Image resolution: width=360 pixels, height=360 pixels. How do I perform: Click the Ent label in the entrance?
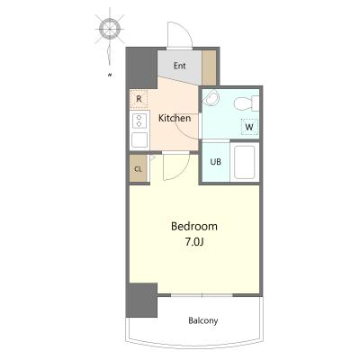180,66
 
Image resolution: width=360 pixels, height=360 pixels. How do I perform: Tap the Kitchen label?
175,118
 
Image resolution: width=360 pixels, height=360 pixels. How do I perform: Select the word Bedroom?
194,226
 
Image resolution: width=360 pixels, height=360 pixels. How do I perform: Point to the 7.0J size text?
194,242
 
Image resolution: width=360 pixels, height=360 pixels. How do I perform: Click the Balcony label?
203,320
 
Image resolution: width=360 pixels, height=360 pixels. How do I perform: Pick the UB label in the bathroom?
215,162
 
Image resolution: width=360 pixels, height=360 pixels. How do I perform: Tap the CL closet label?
138,169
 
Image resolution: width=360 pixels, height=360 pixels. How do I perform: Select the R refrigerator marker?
139,99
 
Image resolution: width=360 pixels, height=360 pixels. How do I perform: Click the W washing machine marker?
249,127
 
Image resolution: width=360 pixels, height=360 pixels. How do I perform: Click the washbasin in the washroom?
212,98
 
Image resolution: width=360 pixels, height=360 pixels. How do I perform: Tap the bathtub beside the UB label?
245,162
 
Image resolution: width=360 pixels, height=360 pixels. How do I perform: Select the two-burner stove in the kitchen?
139,121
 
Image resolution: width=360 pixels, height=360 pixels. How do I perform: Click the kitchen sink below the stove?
139,140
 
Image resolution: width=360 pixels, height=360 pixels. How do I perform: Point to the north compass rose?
110,30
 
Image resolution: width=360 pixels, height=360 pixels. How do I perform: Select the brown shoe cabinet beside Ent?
209,67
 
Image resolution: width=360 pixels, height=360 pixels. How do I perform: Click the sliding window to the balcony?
202,295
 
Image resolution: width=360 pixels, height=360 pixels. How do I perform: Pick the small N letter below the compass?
110,75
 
